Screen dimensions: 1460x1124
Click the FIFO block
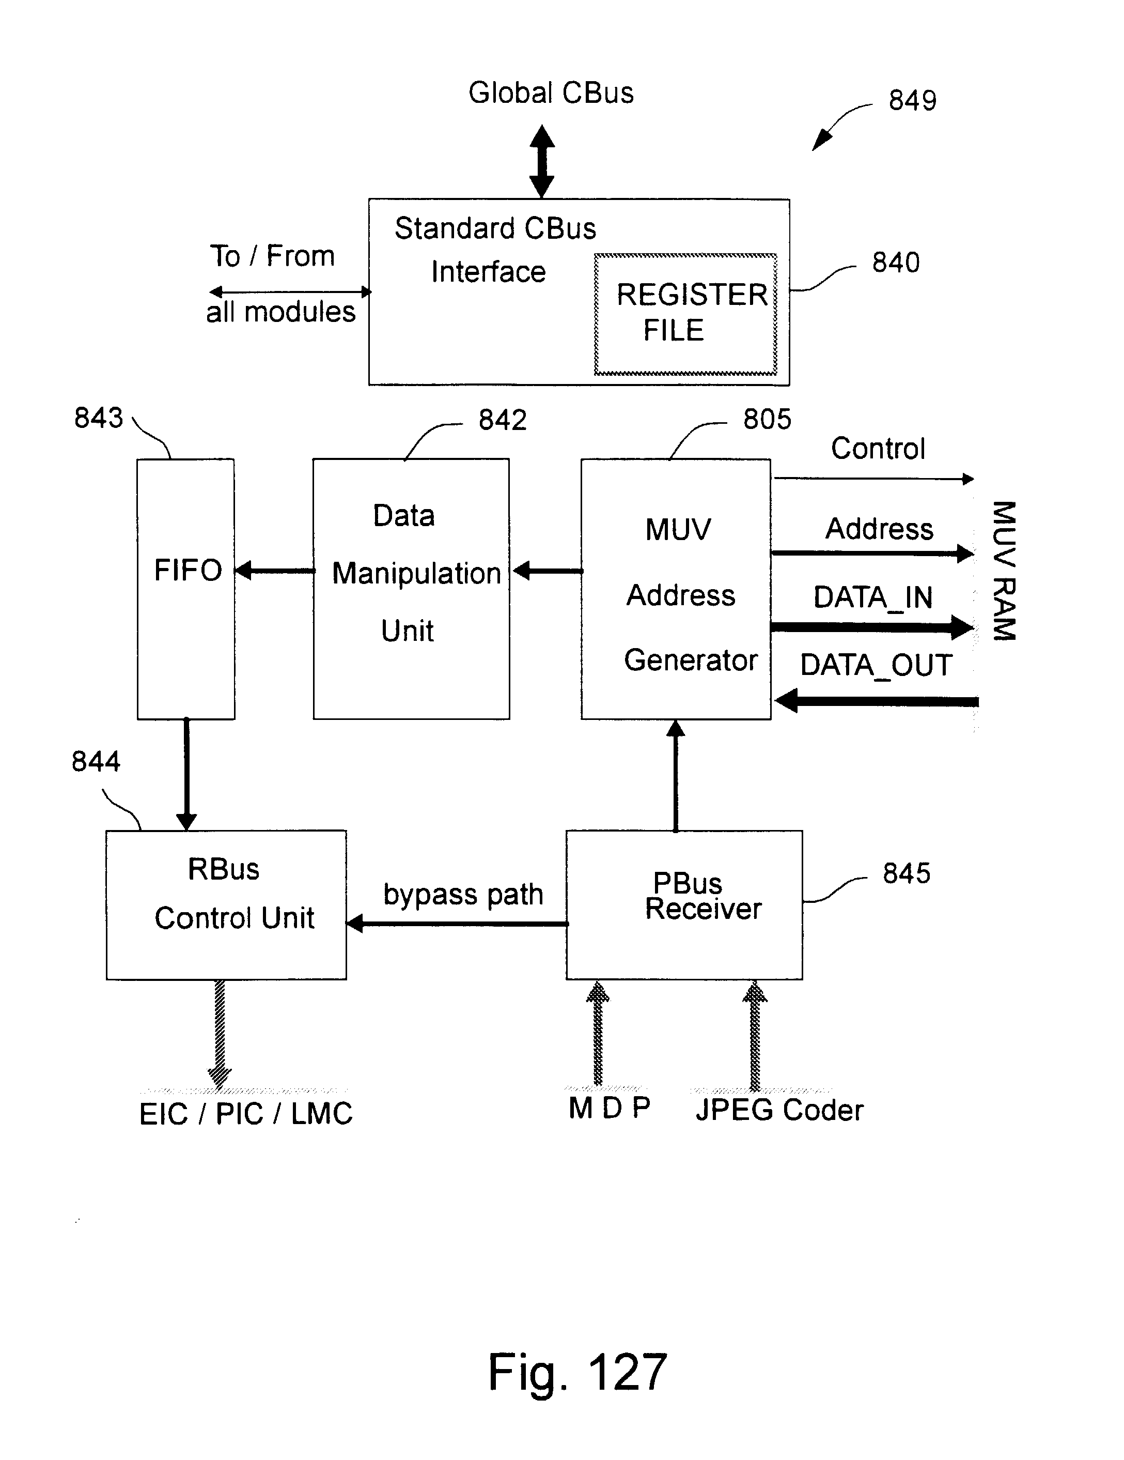tap(186, 588)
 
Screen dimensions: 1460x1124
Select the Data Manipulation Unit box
tap(411, 588)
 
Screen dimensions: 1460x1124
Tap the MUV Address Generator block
tap(676, 588)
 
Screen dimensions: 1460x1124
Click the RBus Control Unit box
tap(226, 904)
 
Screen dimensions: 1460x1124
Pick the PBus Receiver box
tap(683, 904)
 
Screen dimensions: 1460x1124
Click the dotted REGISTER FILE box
tap(685, 314)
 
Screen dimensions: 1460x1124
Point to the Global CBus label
tap(551, 93)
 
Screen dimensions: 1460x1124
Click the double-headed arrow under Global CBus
tap(542, 161)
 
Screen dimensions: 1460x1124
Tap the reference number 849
tap(912, 101)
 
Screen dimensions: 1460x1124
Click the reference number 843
tap(98, 418)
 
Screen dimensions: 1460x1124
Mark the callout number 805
tap(767, 420)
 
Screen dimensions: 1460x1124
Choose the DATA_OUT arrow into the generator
tap(876, 701)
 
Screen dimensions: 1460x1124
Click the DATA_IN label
tap(873, 597)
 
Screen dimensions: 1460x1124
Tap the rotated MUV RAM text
tap(1004, 570)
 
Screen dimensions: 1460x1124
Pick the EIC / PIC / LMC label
tap(245, 1114)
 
